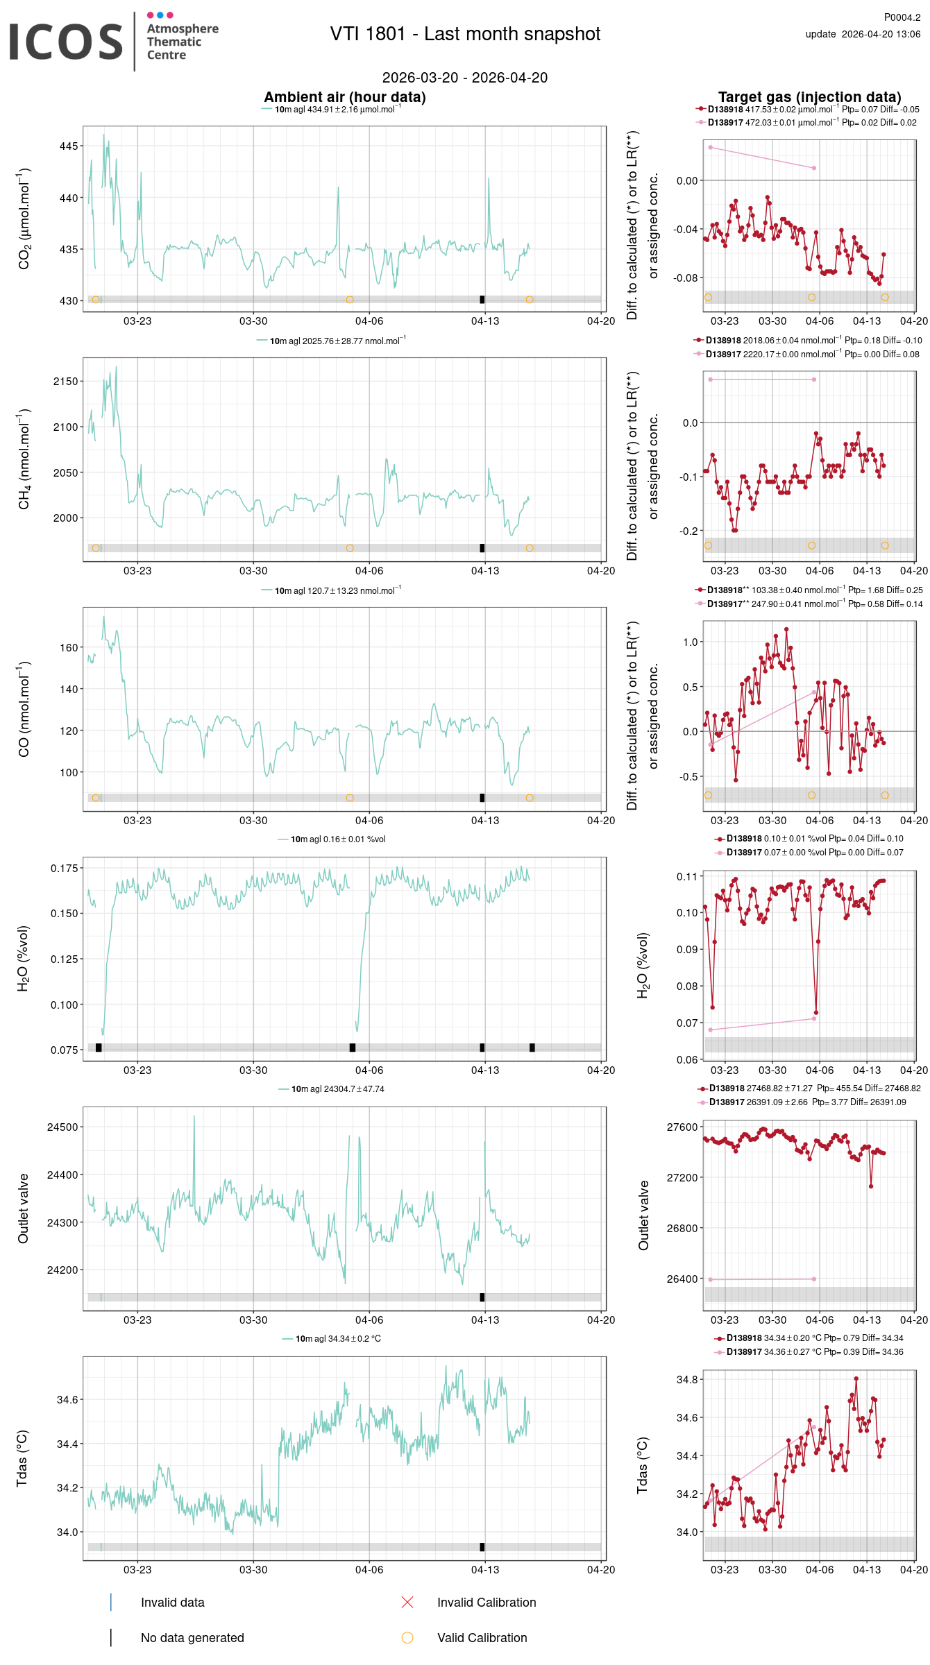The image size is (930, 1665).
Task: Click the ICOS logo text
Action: click(66, 42)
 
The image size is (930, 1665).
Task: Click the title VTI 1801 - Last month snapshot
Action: click(465, 34)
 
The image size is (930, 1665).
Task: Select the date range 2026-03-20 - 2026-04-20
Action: click(464, 78)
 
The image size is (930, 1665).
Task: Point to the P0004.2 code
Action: click(902, 17)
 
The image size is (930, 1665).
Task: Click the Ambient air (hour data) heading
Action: click(344, 97)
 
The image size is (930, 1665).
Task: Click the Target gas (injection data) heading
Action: click(809, 97)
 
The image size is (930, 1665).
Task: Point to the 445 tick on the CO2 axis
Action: click(69, 146)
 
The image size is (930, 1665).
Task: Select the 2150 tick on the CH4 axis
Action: click(66, 382)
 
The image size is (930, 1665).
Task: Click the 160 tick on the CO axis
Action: click(69, 648)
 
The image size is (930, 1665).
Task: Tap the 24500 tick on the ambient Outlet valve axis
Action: click(62, 1127)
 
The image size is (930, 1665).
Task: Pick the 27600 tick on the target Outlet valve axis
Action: click(682, 1127)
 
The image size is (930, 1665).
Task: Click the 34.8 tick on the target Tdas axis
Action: click(687, 1380)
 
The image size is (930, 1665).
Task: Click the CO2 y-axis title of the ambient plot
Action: click(24, 219)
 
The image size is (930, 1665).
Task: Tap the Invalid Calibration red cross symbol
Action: click(407, 1602)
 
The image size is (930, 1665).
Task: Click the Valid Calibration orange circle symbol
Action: click(407, 1637)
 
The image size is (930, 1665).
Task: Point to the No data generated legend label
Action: click(192, 1638)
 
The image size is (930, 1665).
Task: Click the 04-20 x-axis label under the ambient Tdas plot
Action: click(600, 1570)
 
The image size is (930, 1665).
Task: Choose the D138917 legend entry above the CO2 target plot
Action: click(725, 123)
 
